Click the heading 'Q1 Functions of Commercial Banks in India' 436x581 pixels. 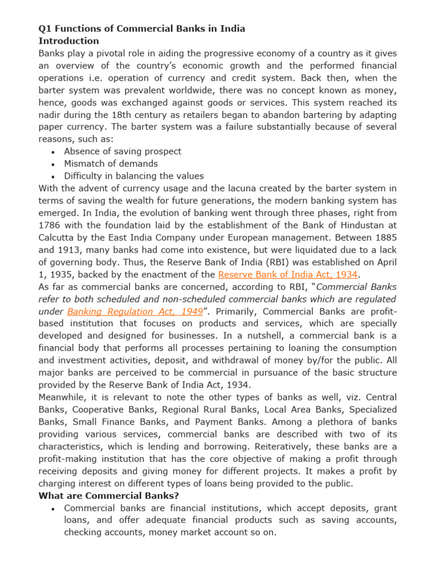click(x=141, y=28)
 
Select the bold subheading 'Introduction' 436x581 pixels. click(x=69, y=41)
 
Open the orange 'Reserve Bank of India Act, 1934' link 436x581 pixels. click(x=288, y=275)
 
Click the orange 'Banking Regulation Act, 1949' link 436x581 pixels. click(x=135, y=311)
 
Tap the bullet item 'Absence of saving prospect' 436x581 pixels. click(x=123, y=151)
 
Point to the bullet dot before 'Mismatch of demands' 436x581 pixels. click(x=53, y=165)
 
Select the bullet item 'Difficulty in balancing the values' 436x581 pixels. click(x=134, y=176)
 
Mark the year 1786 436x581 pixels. click(x=49, y=225)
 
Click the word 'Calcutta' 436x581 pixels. click(x=56, y=238)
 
